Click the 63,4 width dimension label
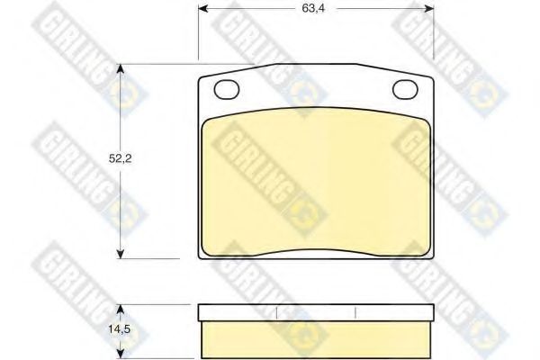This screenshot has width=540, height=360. click(x=313, y=8)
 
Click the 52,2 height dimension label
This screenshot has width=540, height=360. click(x=121, y=158)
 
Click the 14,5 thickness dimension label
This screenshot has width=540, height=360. click(x=120, y=329)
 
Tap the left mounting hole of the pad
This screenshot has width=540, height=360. click(x=226, y=89)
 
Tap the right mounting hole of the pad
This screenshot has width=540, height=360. click(x=405, y=89)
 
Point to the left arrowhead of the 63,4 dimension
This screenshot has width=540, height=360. click(x=203, y=9)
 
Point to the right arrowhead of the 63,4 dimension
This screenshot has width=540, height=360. click(x=428, y=9)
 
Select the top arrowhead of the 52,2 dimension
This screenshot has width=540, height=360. click(x=120, y=69)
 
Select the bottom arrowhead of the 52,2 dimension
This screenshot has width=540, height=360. click(x=120, y=254)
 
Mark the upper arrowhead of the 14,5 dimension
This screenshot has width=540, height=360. click(x=120, y=309)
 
